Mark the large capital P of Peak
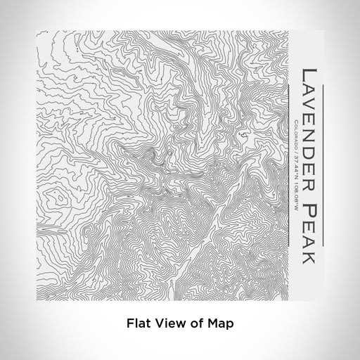point(309,200)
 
